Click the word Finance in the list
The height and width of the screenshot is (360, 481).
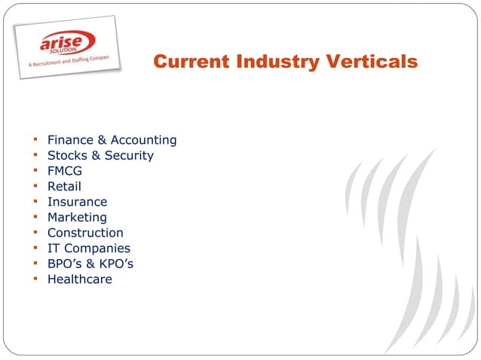[69, 140]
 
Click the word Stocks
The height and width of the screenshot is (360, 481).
[66, 155]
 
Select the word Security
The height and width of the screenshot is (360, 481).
[128, 155]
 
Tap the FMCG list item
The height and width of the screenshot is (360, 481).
[64, 171]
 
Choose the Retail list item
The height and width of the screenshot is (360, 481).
[64, 186]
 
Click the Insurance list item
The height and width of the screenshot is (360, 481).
[77, 202]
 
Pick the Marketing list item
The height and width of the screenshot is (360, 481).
[77, 218]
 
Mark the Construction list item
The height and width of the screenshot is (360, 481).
[85, 233]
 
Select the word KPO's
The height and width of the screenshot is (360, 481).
[117, 264]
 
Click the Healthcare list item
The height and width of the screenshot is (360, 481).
[79, 279]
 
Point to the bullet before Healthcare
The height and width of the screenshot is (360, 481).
[35, 279]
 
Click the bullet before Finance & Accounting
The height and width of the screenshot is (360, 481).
[35, 139]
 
